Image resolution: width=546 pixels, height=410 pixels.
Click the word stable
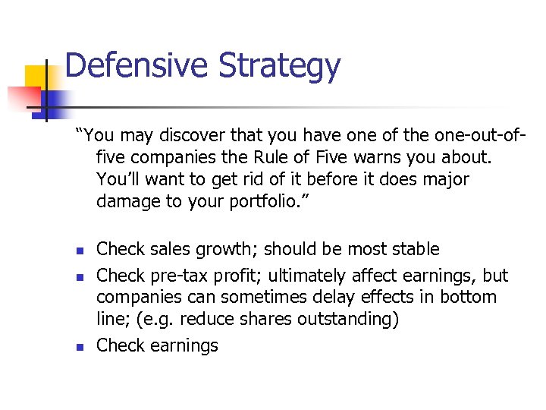point(410,249)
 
